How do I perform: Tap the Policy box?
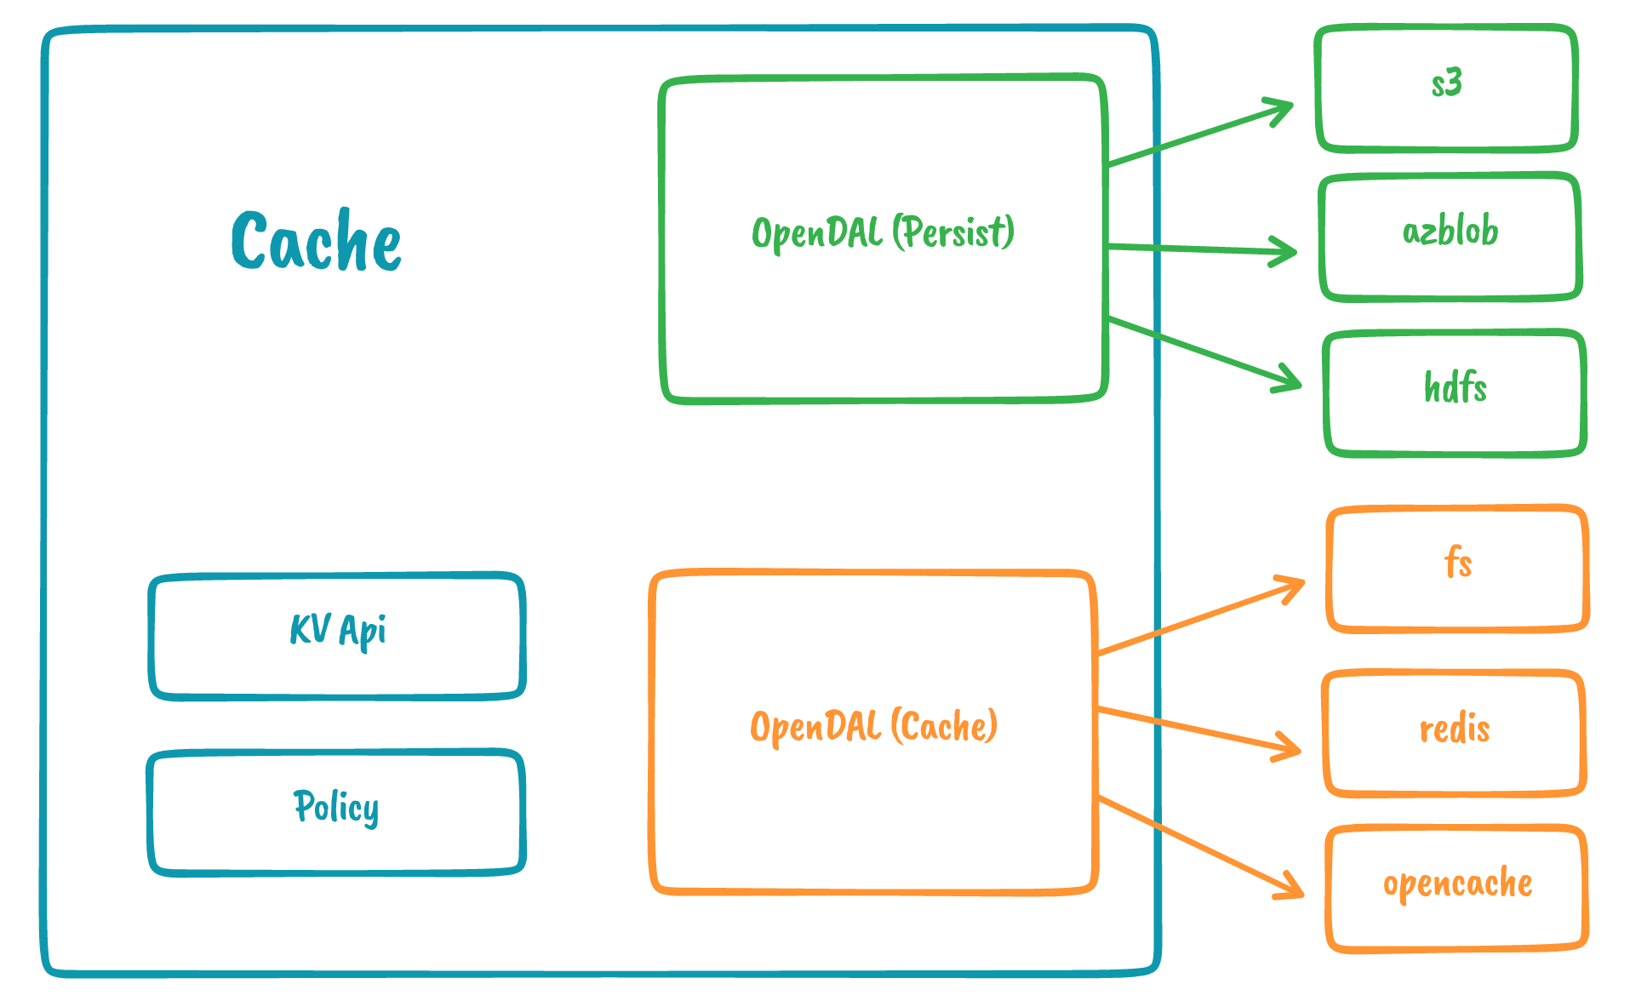point(336,813)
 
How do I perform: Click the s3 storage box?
point(1446,89)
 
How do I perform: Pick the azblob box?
point(1450,237)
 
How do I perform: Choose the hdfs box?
point(1455,393)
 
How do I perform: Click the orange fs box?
point(1457,569)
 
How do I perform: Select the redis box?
point(1454,733)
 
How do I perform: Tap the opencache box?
point(1456,888)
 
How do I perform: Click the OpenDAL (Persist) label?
point(883,232)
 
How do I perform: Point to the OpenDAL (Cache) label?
point(873,727)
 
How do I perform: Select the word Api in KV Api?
point(363,631)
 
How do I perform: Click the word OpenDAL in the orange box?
point(815,727)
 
